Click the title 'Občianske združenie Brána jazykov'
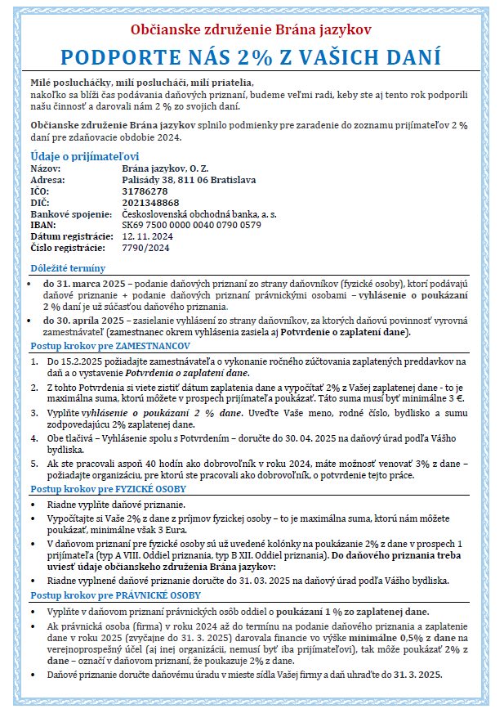(251, 29)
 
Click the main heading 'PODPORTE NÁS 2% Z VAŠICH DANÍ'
(252, 58)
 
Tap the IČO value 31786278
(145, 191)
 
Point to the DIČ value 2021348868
(149, 202)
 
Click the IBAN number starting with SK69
(191, 225)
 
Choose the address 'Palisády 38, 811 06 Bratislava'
(189, 179)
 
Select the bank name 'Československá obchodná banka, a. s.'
(198, 213)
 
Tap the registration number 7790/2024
(145, 247)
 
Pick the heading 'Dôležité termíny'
(68, 268)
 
